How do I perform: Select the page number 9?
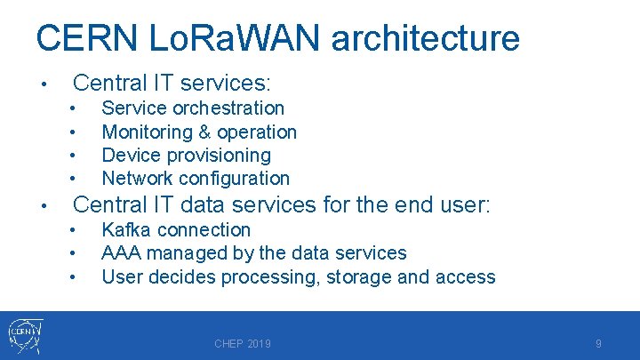(x=599, y=344)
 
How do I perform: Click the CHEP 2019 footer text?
(x=243, y=344)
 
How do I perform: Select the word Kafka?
(x=127, y=229)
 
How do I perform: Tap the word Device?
(x=129, y=155)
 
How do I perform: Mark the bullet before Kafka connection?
(x=71, y=230)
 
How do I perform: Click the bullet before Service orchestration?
(x=71, y=109)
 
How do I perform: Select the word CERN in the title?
(x=83, y=38)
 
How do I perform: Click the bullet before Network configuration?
(x=71, y=179)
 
